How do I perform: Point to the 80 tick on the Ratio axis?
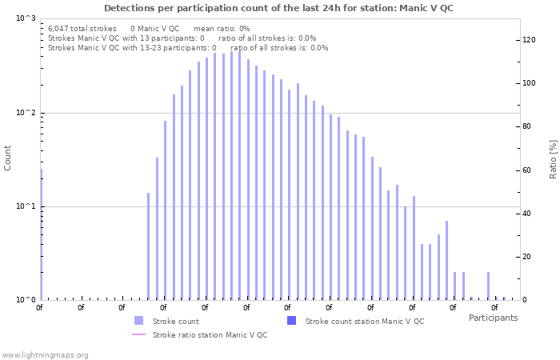(x=530, y=126)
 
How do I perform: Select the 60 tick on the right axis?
(x=530, y=170)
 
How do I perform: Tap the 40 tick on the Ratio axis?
(x=530, y=214)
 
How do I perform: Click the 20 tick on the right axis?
(x=530, y=257)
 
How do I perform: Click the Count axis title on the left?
(x=8, y=158)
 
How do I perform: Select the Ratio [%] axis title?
(x=553, y=158)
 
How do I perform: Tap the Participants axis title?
(x=493, y=318)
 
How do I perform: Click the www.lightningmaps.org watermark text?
(x=46, y=354)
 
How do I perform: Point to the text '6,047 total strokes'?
(x=82, y=28)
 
